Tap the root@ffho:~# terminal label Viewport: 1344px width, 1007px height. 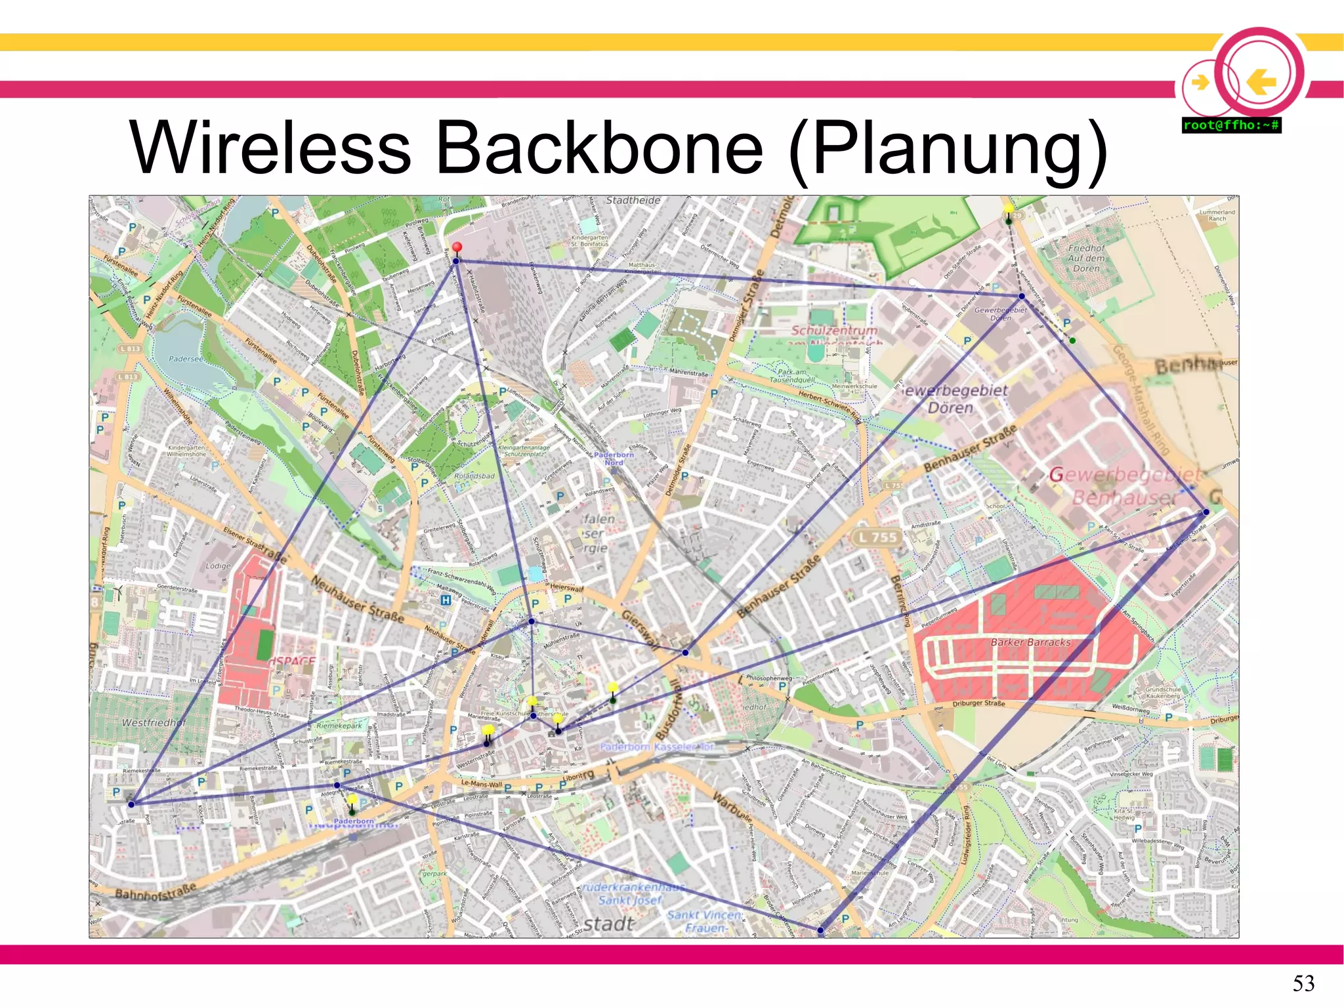[x=1231, y=125]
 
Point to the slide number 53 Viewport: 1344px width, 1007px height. [x=1303, y=983]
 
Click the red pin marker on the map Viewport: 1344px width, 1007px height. [x=457, y=247]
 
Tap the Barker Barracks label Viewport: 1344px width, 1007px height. [x=1030, y=642]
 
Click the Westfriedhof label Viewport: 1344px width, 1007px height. [x=154, y=722]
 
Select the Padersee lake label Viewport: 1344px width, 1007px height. [x=186, y=359]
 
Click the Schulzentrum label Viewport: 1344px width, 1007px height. [x=833, y=331]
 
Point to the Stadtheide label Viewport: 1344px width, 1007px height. [x=633, y=201]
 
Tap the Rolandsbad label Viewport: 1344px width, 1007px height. [x=474, y=476]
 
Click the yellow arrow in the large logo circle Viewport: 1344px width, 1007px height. [x=1261, y=83]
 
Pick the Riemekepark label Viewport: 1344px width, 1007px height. [x=339, y=726]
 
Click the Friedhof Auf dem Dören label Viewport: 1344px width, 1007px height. [x=1086, y=258]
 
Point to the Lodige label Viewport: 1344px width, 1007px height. [x=218, y=565]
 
